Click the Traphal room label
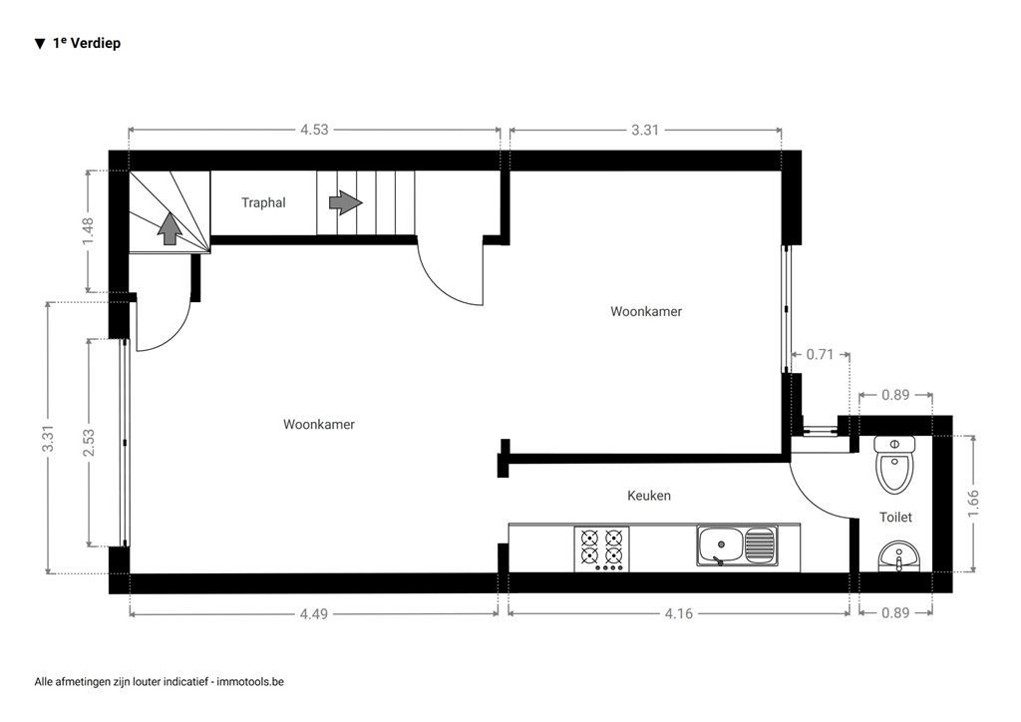click(263, 202)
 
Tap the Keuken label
click(648, 495)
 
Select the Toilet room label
click(894, 518)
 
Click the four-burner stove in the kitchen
click(602, 548)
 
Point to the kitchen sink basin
click(718, 546)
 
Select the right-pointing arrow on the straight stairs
click(345, 203)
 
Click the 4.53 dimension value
click(315, 129)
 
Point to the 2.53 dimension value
click(89, 443)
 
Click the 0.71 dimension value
click(821, 354)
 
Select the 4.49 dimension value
click(313, 613)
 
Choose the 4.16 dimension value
click(678, 613)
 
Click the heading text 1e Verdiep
click(87, 43)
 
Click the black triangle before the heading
click(40, 44)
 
